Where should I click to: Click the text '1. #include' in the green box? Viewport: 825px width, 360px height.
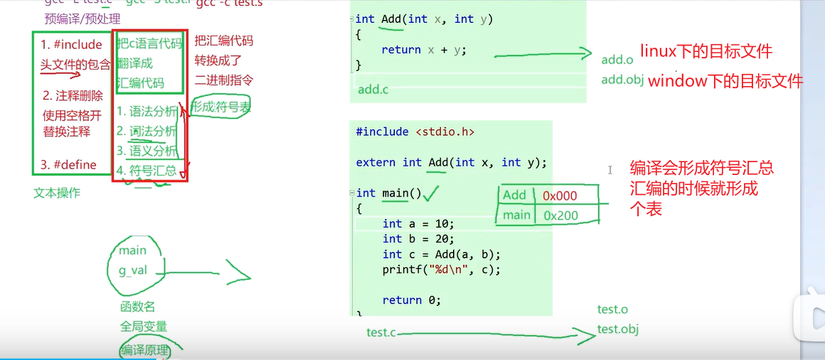(71, 45)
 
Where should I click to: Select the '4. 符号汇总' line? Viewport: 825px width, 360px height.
(147, 170)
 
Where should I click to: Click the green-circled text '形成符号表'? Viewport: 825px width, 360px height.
(220, 107)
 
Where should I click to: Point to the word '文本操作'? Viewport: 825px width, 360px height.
(57, 193)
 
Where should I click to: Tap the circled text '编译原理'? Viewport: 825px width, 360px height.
(144, 350)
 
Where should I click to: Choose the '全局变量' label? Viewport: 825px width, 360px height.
(144, 327)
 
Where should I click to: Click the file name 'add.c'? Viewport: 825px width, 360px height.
(373, 90)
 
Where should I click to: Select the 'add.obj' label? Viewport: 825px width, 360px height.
(622, 80)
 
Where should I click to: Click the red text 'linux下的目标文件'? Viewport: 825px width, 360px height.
(706, 51)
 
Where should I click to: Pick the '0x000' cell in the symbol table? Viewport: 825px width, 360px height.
(560, 196)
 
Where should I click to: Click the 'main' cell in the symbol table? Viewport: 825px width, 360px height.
(516, 215)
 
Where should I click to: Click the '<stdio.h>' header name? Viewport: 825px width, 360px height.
(445, 132)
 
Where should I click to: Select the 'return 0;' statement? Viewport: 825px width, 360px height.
(411, 300)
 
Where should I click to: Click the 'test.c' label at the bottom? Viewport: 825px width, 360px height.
(381, 332)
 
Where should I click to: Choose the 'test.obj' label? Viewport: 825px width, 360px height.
(618, 329)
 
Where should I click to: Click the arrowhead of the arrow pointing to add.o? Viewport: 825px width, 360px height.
(587, 54)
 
